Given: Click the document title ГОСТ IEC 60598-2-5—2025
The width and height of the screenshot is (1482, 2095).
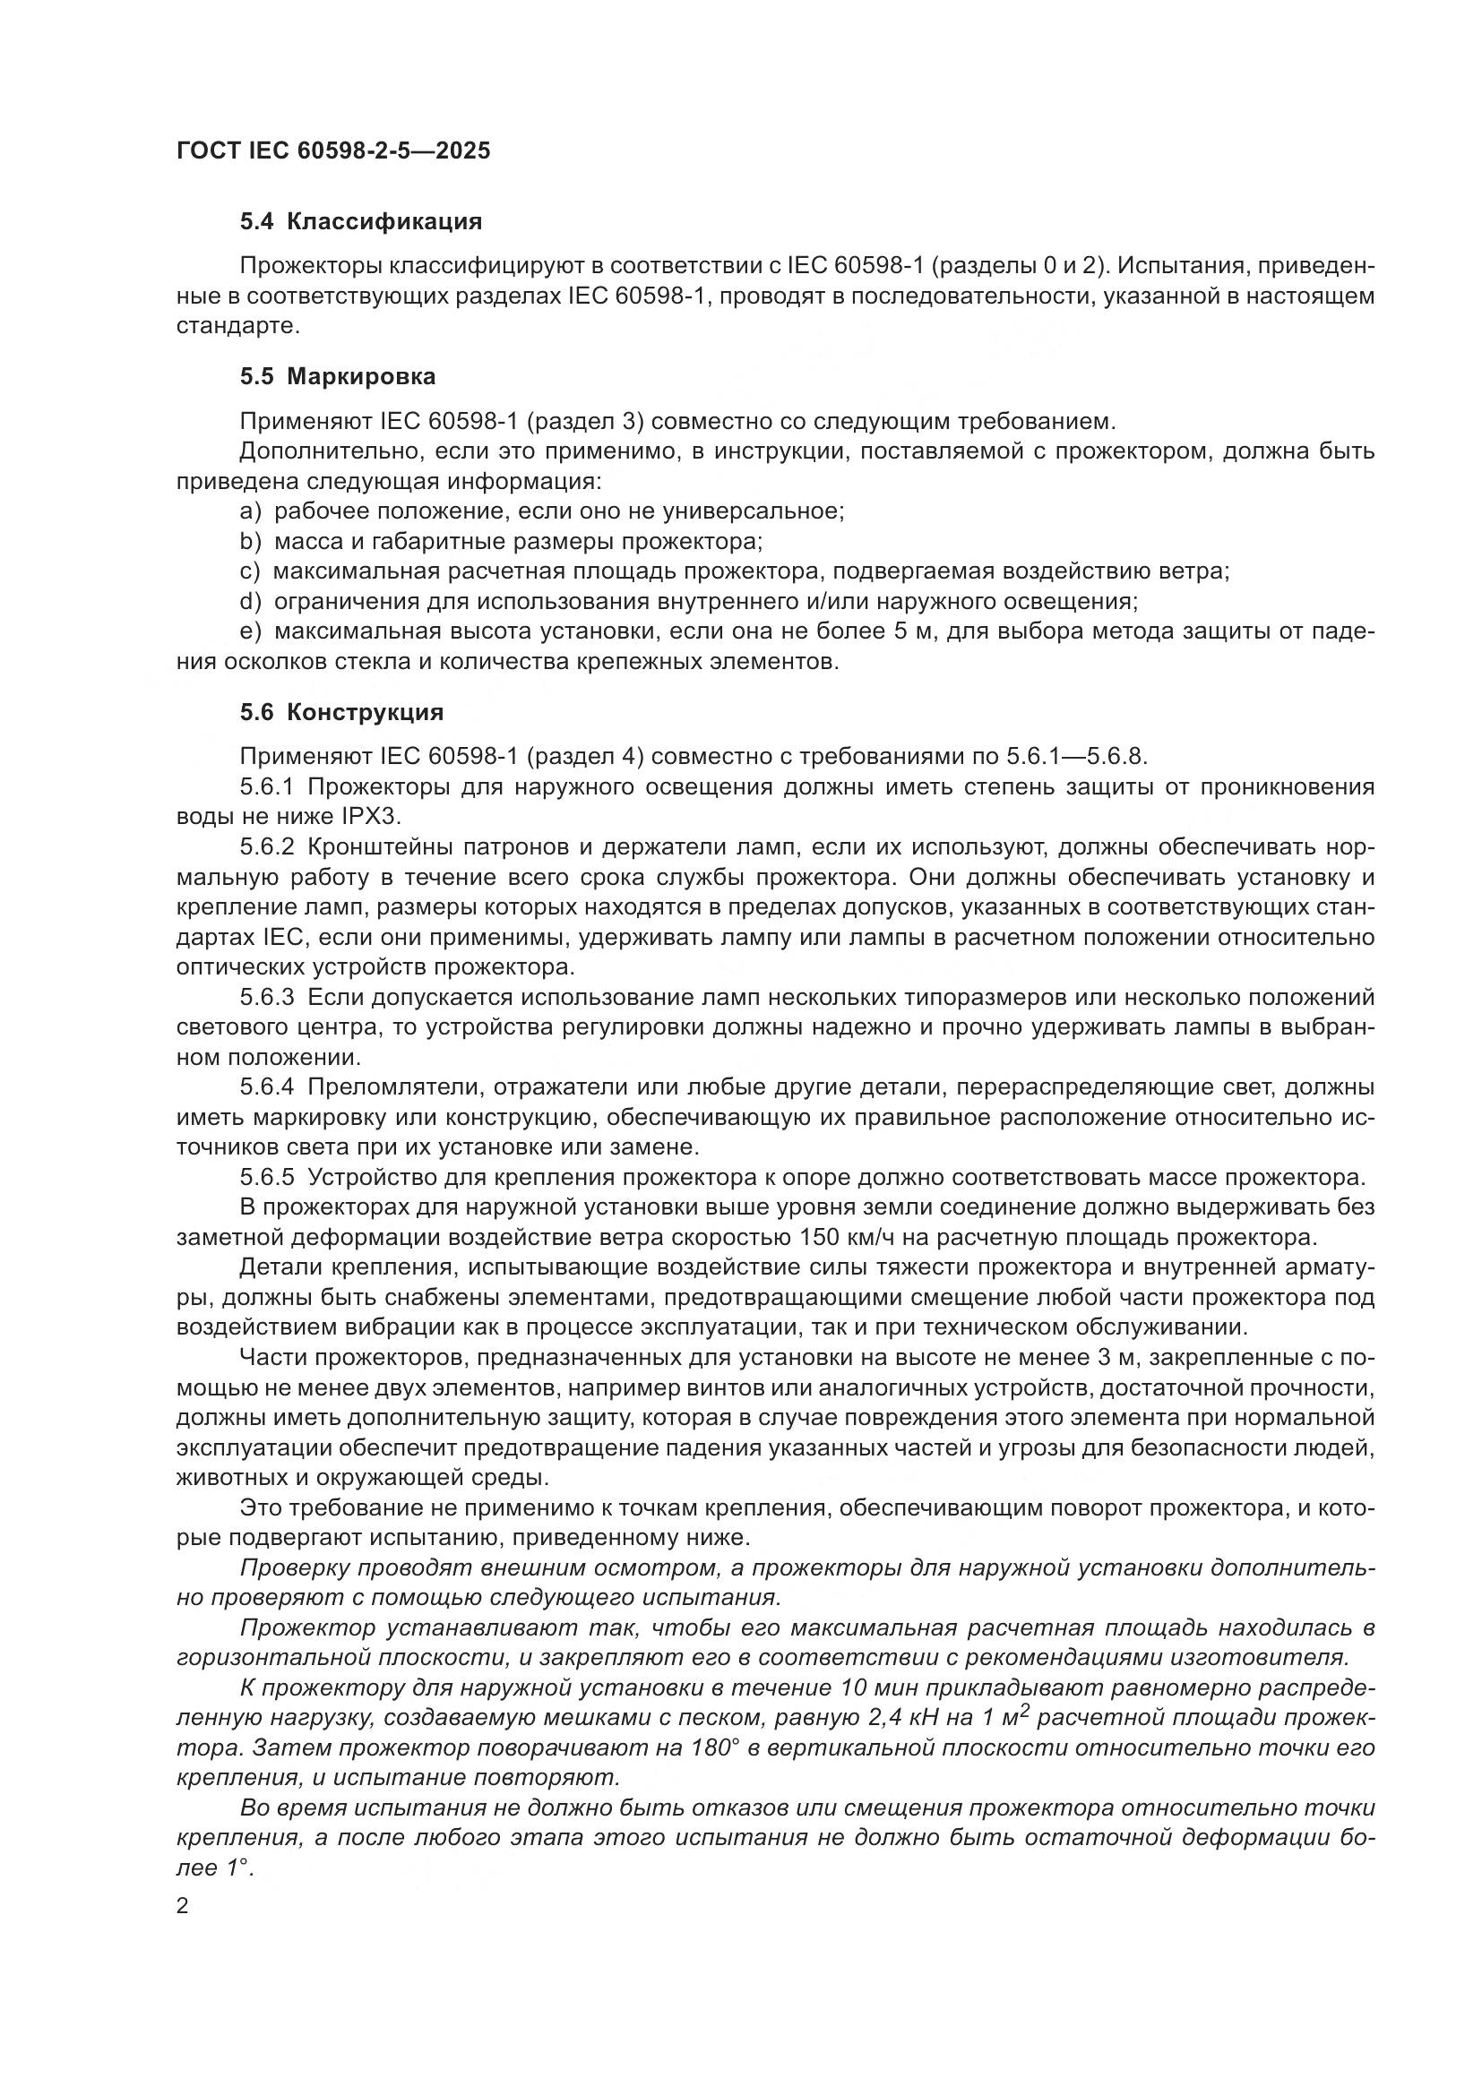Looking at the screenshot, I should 333,150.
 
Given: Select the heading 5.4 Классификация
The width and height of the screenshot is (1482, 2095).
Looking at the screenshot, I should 360,222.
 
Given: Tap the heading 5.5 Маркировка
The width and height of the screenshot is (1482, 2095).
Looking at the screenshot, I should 338,376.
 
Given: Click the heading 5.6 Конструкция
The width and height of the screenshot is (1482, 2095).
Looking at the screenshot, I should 342,712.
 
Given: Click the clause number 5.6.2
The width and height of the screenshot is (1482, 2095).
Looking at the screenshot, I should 267,846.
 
